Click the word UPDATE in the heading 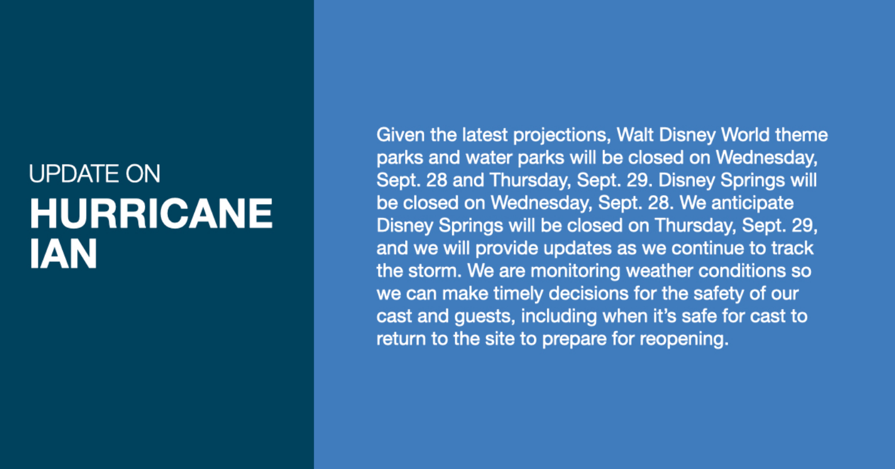74,174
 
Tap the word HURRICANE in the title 151,213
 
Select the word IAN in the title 63,253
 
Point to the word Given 401,135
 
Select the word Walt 635,135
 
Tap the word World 746,135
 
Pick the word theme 802,135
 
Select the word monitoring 575,272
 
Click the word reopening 685,340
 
